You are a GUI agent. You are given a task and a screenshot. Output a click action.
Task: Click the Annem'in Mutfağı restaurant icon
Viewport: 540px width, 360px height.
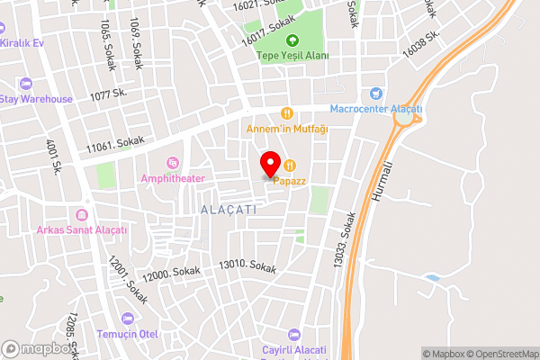coord(286,113)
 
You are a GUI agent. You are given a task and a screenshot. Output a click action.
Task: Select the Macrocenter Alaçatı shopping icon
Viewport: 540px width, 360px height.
coord(375,94)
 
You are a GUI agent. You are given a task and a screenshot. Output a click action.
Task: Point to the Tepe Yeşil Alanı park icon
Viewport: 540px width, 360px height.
coord(292,40)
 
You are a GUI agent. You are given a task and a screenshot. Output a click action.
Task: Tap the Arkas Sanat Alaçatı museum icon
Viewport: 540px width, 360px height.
coord(82,215)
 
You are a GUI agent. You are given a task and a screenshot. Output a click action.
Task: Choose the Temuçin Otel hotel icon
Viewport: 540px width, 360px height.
coord(127,319)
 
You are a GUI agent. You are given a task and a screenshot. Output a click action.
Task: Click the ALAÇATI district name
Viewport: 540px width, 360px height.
coord(229,209)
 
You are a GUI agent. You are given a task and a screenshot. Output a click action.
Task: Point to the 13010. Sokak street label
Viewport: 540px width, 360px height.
coord(247,265)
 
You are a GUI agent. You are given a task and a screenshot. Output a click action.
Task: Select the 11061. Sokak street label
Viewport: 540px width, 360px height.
coord(114,144)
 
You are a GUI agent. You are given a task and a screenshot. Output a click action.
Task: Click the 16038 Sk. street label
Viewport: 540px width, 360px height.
coord(421,44)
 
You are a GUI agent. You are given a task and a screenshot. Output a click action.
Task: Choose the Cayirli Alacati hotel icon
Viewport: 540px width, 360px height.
coord(291,334)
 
